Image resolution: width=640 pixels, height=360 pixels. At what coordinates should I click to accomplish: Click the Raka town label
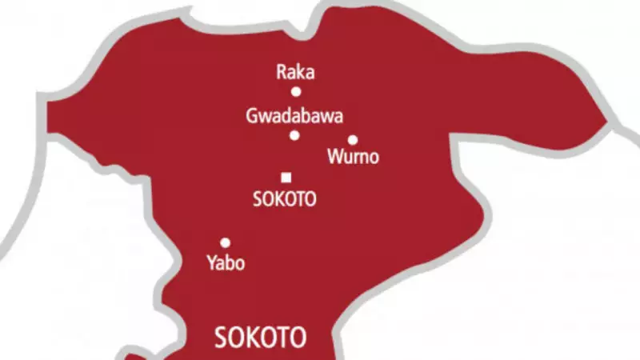(295, 73)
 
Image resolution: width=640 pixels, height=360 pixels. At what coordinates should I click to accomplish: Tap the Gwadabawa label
(295, 117)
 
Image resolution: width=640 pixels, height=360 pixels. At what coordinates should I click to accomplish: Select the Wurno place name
(354, 158)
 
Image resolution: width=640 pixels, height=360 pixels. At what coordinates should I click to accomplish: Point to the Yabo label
(225, 263)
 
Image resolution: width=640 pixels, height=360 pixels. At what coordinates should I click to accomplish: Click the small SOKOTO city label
(285, 200)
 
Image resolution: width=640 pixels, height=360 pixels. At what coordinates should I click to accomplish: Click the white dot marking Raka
(296, 92)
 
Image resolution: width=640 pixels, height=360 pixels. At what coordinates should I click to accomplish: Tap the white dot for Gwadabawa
(294, 135)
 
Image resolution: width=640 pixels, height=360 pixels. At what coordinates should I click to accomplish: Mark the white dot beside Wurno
(353, 140)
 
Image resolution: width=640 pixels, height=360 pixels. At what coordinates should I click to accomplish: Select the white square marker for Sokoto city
(286, 178)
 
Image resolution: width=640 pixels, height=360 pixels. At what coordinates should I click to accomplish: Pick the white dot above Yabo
(226, 242)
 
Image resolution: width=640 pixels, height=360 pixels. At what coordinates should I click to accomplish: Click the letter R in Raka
(282, 73)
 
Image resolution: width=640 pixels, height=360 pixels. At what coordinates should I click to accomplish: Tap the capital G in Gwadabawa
(252, 117)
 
